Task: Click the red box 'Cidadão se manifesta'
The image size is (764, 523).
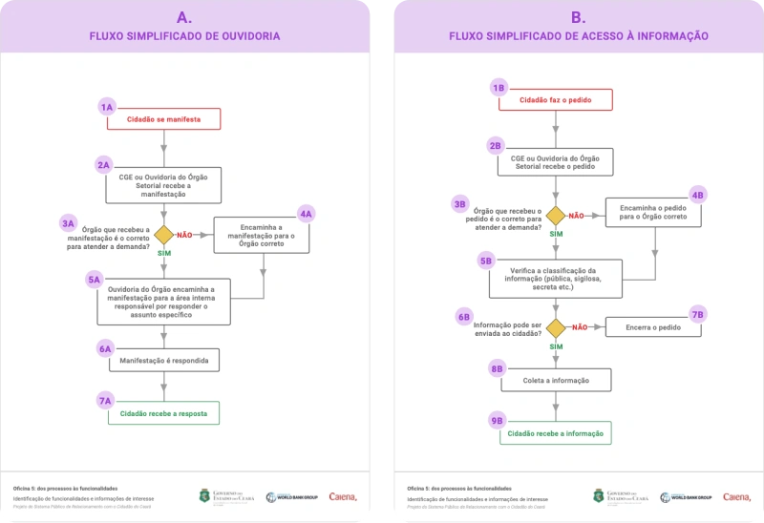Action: pyautogui.click(x=163, y=119)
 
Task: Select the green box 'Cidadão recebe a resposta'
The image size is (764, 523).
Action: pyautogui.click(x=163, y=412)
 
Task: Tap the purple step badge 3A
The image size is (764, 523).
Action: pyautogui.click(x=68, y=222)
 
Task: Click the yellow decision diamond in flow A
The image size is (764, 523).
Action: pyautogui.click(x=163, y=234)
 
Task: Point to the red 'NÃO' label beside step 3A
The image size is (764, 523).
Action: pyautogui.click(x=185, y=234)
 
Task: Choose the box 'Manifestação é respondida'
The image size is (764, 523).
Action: pyautogui.click(x=163, y=361)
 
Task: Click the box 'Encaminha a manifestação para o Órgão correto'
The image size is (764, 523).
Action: pyautogui.click(x=261, y=236)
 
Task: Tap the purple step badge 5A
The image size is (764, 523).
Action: pyautogui.click(x=94, y=279)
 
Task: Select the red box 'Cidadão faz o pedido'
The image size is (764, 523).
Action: pyautogui.click(x=555, y=99)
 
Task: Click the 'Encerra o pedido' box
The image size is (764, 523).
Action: pyautogui.click(x=654, y=327)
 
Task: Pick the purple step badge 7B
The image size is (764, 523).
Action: pyautogui.click(x=697, y=314)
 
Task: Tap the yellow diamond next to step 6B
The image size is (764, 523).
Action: pyautogui.click(x=555, y=327)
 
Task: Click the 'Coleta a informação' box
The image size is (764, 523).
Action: pyautogui.click(x=555, y=380)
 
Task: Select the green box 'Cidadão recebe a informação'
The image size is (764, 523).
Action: pyautogui.click(x=555, y=433)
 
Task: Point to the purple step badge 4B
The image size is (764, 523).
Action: pyautogui.click(x=697, y=195)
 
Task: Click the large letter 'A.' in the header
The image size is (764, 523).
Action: pyautogui.click(x=184, y=17)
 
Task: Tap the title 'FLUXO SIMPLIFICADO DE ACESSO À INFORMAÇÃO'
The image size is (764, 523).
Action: pyautogui.click(x=579, y=36)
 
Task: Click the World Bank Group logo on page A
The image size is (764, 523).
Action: pyautogui.click(x=291, y=496)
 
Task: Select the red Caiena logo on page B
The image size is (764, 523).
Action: pyautogui.click(x=736, y=496)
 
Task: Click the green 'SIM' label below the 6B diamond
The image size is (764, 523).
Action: pyautogui.click(x=555, y=346)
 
